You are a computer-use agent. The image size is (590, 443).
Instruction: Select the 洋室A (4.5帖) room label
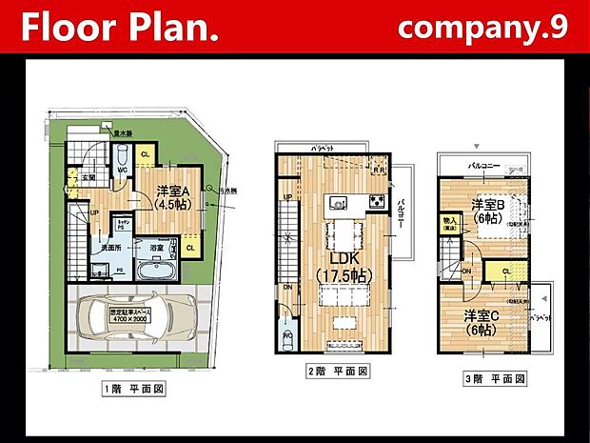(173, 196)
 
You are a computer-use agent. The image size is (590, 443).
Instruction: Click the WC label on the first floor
(123, 171)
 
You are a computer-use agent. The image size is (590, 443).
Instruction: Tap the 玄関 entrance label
(88, 177)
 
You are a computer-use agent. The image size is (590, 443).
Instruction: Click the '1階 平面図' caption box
(133, 389)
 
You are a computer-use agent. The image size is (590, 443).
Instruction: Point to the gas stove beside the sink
(375, 202)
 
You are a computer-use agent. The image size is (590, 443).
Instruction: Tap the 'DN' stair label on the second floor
(288, 287)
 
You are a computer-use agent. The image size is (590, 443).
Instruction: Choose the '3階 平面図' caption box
(495, 379)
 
